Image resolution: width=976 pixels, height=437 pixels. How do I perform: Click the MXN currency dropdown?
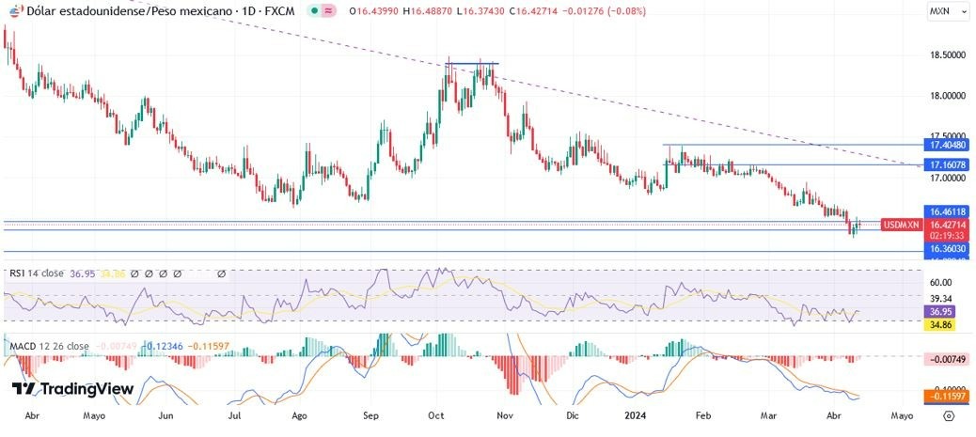pos(944,12)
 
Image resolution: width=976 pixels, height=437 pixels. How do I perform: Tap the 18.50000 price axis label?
pos(947,55)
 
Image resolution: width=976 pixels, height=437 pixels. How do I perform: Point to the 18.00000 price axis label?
pos(947,95)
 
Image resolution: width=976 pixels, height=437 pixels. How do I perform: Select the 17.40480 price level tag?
pos(947,145)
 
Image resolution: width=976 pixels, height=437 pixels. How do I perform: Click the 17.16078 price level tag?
pos(947,164)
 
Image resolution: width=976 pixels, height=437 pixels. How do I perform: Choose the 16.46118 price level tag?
pos(947,211)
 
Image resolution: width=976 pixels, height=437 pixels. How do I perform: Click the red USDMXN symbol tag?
pos(900,225)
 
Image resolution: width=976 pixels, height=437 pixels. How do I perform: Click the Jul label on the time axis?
pos(235,414)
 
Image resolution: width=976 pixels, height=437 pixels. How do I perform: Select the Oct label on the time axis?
pos(436,414)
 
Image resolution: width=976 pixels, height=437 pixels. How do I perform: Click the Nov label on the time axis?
pos(505,414)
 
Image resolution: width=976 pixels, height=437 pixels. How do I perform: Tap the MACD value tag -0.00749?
pos(944,359)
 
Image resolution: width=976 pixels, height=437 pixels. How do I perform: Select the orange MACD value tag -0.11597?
pos(944,397)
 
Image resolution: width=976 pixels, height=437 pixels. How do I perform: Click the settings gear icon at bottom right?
pos(949,414)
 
